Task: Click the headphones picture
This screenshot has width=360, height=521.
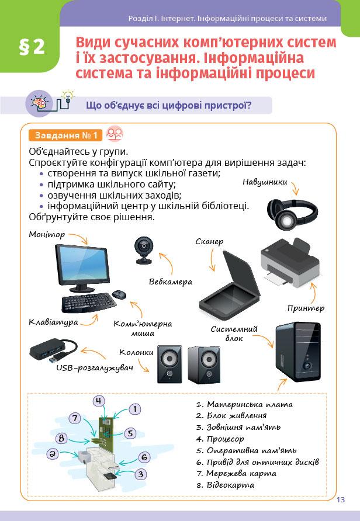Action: [x=292, y=214]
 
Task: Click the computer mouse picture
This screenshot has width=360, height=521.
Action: [x=119, y=295]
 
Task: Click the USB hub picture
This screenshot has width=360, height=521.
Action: [x=53, y=348]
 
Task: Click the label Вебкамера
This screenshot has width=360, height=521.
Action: [x=171, y=282]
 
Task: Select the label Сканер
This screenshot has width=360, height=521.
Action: [x=210, y=241]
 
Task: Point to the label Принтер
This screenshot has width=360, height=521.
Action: [x=306, y=308]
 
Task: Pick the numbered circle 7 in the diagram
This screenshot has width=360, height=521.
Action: [x=74, y=418]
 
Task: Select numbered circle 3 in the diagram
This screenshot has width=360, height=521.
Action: [x=140, y=474]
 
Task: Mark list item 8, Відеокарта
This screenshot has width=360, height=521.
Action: [x=230, y=485]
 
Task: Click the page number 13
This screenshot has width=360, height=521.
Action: [x=341, y=499]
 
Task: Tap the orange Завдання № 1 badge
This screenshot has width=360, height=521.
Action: [x=65, y=136]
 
